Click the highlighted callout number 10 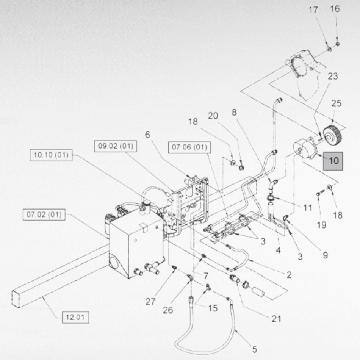[x=333, y=161]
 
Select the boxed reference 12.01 [x=75, y=317]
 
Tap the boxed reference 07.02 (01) [x=44, y=214]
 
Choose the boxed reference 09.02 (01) [x=116, y=146]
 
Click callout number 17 [x=313, y=10]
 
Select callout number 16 [x=335, y=9]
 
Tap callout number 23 [x=333, y=76]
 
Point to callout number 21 [x=277, y=318]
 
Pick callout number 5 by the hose [x=255, y=349]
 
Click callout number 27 [x=151, y=302]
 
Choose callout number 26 [x=168, y=310]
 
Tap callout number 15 [x=213, y=308]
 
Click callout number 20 [x=213, y=116]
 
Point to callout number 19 [x=321, y=225]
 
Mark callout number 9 [x=325, y=255]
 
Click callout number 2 [x=289, y=275]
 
